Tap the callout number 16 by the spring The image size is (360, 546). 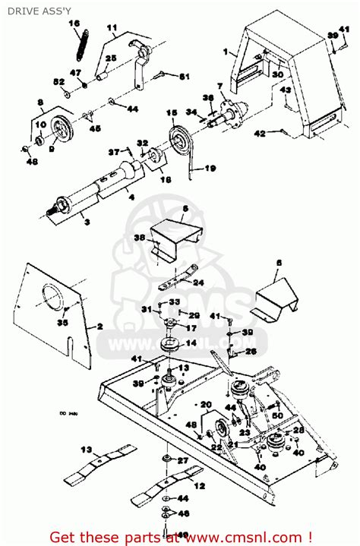coord(74,24)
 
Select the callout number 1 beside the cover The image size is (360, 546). coord(225,52)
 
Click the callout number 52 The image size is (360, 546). coord(58,81)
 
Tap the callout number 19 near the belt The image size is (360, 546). coord(210,168)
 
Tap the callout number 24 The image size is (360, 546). coord(199,282)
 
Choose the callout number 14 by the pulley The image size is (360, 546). coord(191,343)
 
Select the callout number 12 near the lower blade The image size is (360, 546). coord(200,485)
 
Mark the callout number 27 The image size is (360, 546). coord(182,461)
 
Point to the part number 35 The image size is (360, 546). coord(62,323)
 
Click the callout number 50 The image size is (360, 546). coord(277,415)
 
